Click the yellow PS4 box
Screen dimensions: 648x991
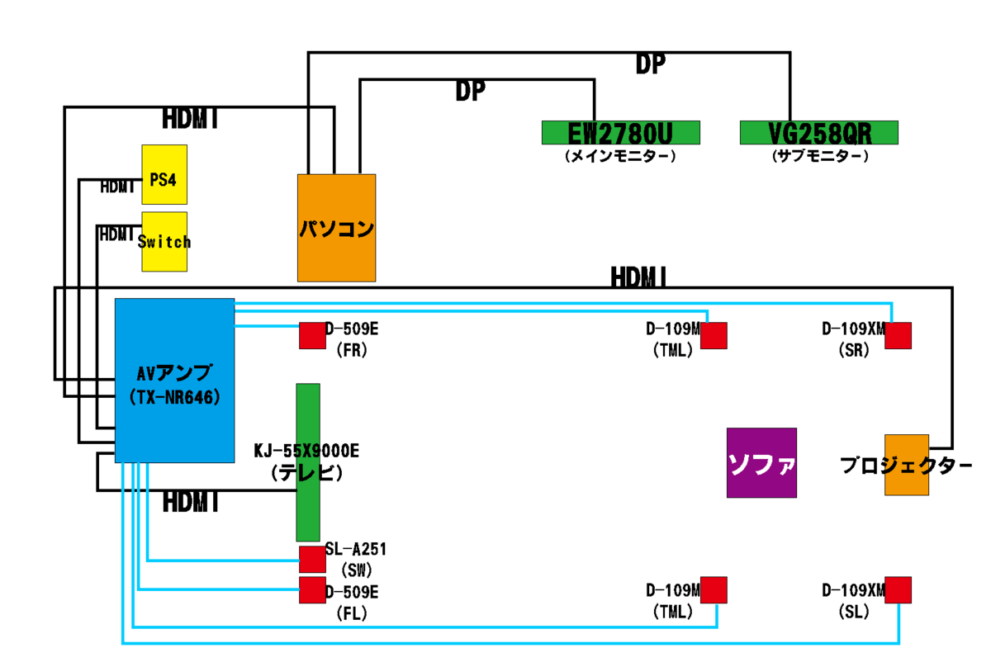click(x=164, y=174)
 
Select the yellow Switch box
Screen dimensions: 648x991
click(x=164, y=241)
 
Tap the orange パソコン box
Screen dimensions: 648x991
click(x=336, y=227)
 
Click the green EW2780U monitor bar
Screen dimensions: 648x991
click(x=620, y=132)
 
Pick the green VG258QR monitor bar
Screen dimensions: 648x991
click(x=818, y=132)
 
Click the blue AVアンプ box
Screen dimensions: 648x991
click(x=174, y=380)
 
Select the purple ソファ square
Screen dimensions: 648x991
click(x=761, y=462)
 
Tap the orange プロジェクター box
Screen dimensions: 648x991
click(x=906, y=465)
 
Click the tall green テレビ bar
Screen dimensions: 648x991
click(x=308, y=462)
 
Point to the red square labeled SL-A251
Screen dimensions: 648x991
click(x=312, y=559)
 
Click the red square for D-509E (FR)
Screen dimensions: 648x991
click(x=312, y=335)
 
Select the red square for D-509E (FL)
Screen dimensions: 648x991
click(x=312, y=590)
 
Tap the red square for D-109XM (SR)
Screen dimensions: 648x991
click(x=898, y=335)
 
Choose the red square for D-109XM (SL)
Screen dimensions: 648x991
click(x=898, y=589)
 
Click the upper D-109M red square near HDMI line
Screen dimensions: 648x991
click(x=714, y=335)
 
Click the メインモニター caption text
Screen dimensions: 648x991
click(x=620, y=155)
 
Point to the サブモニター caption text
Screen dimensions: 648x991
click(x=818, y=155)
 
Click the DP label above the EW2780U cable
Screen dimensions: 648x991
click(x=470, y=91)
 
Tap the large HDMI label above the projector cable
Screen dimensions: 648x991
click(x=639, y=277)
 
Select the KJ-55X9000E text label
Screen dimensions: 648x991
click(x=306, y=452)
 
